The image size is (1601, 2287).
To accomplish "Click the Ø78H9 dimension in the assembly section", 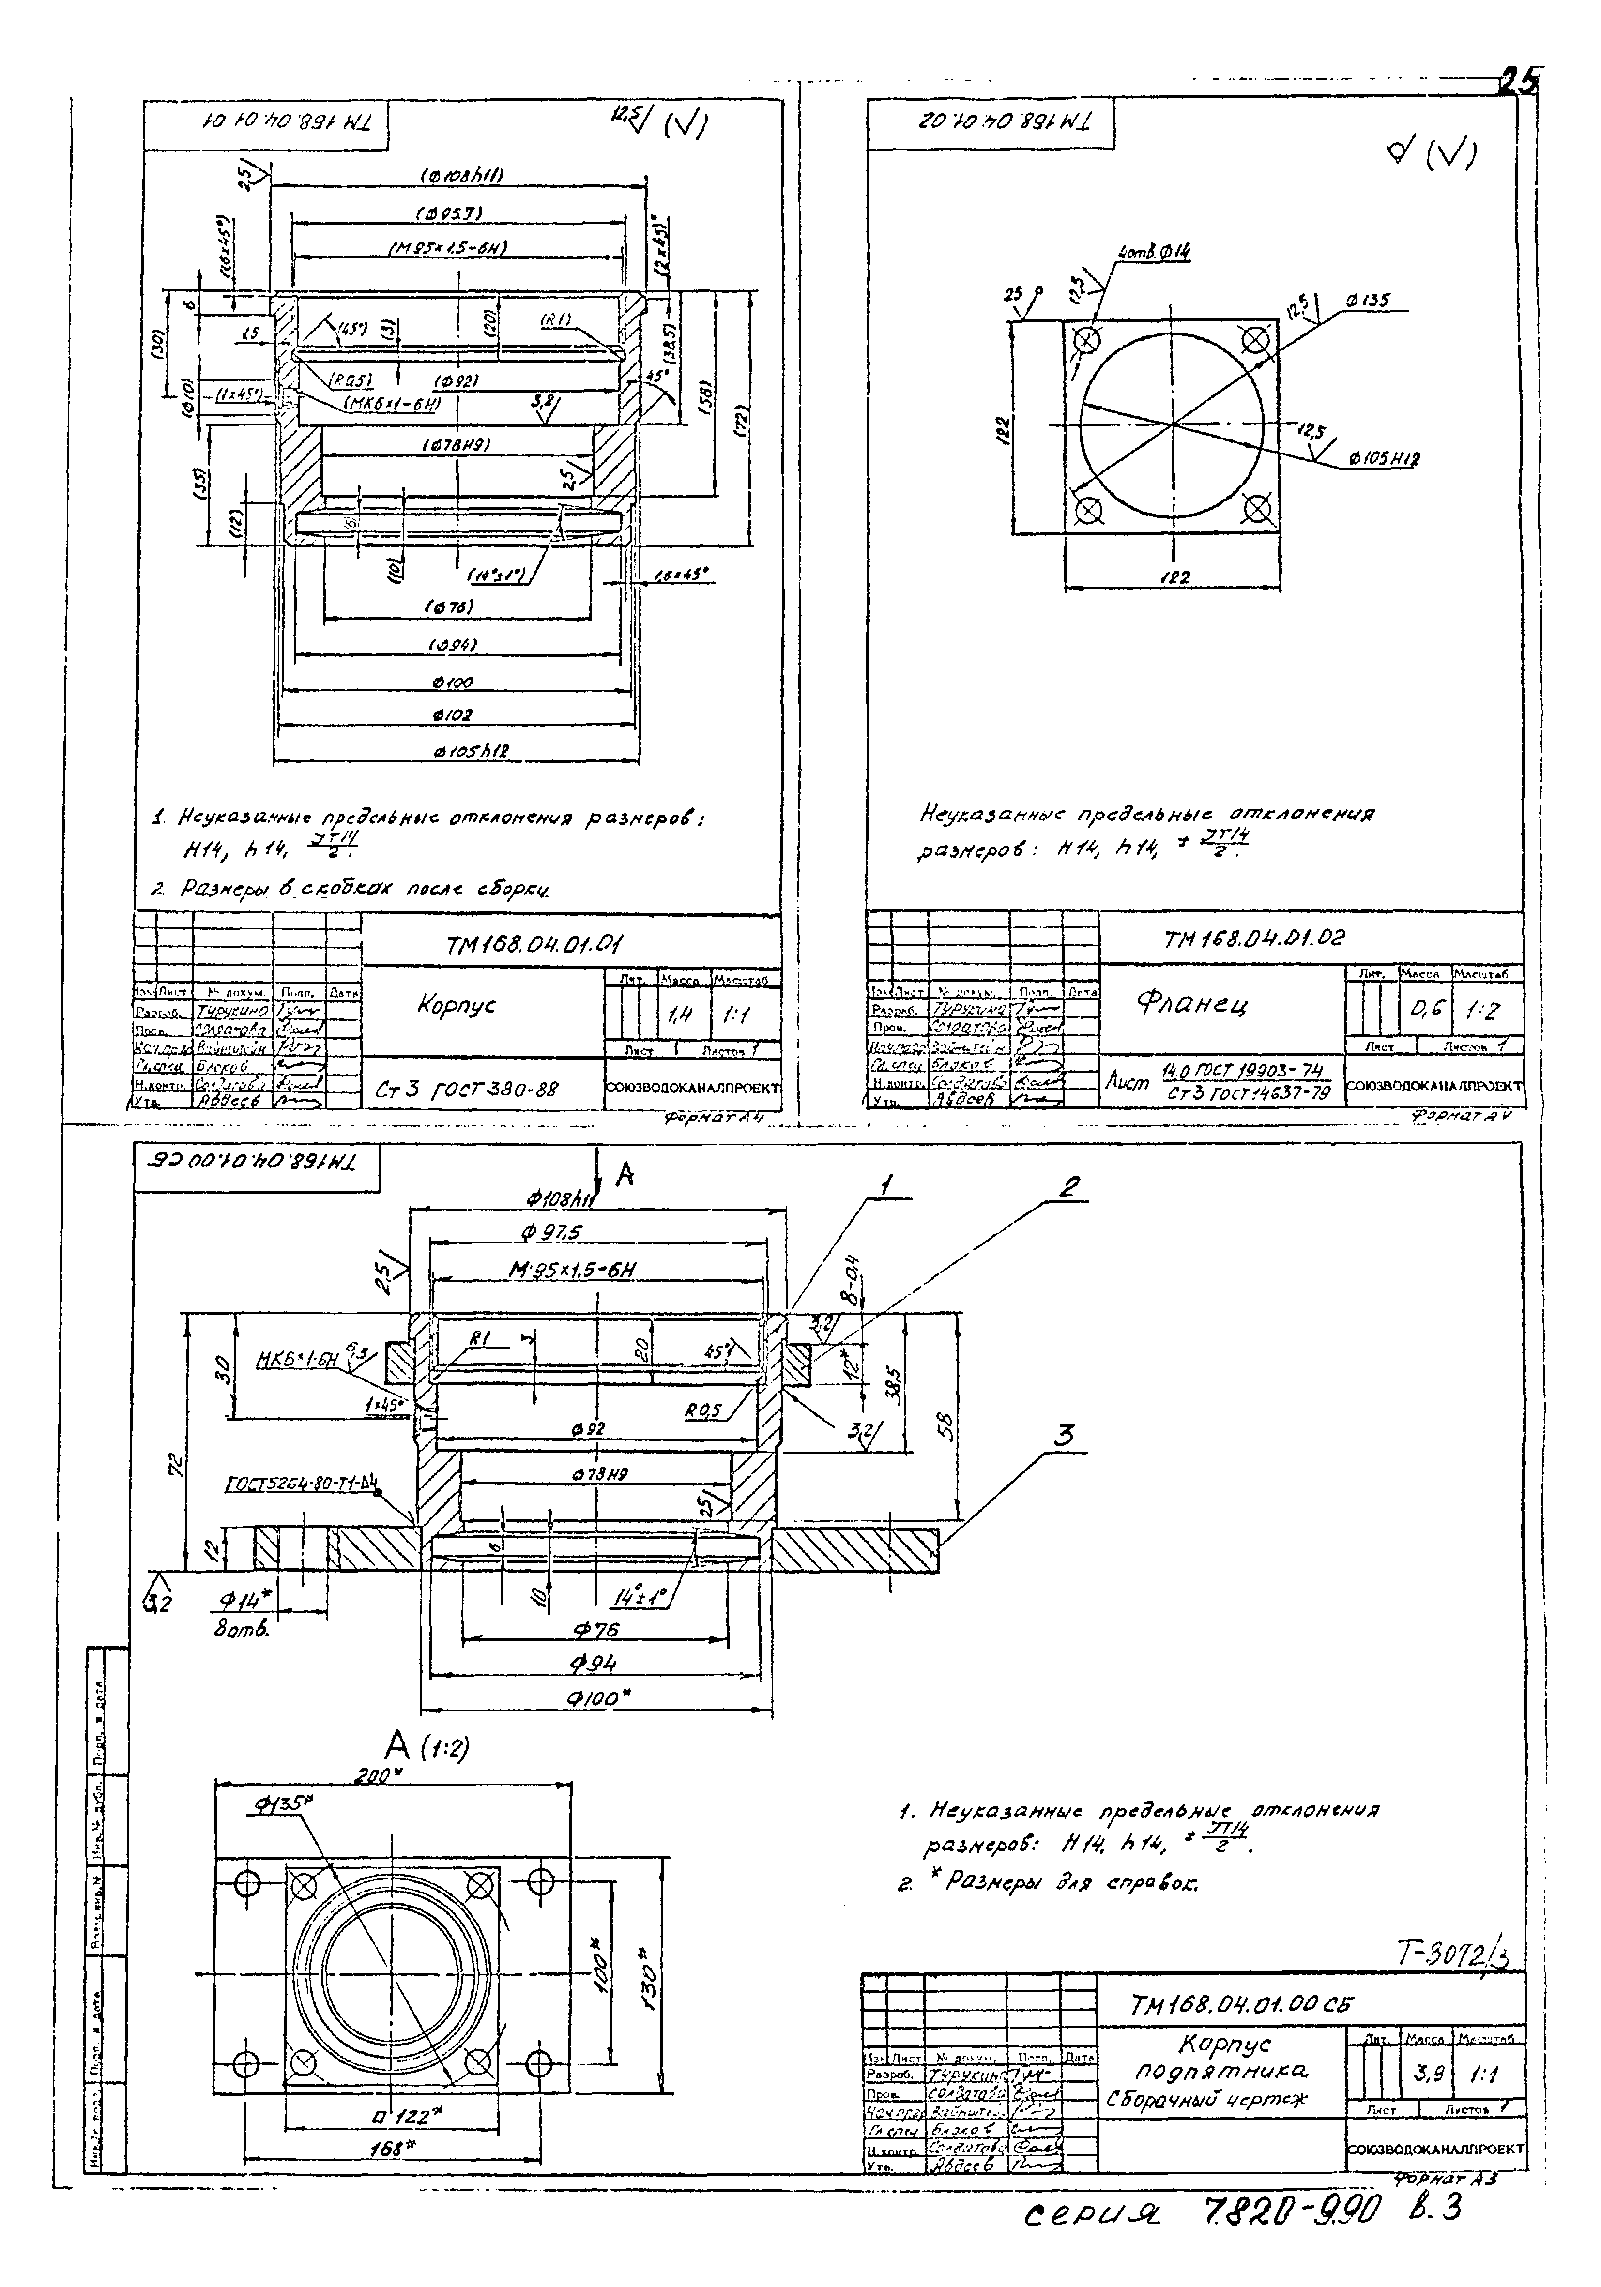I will pos(598,1473).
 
